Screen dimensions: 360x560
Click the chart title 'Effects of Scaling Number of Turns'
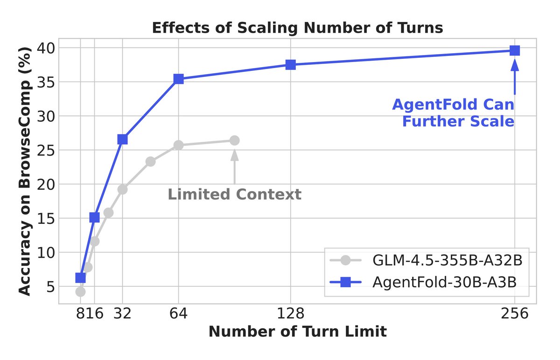(297, 28)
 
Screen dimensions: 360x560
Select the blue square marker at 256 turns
(515, 50)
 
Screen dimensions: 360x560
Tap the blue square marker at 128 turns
(291, 65)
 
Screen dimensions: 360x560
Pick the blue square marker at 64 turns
(178, 79)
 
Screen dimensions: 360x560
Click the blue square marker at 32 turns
(122, 139)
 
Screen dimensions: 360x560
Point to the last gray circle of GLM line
(234, 140)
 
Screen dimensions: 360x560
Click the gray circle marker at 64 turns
(178, 145)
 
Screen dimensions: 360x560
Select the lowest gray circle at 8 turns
(80, 291)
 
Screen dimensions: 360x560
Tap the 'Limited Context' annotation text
(234, 194)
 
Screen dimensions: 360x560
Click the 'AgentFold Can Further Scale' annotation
(453, 112)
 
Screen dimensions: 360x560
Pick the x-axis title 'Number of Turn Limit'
(297, 332)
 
